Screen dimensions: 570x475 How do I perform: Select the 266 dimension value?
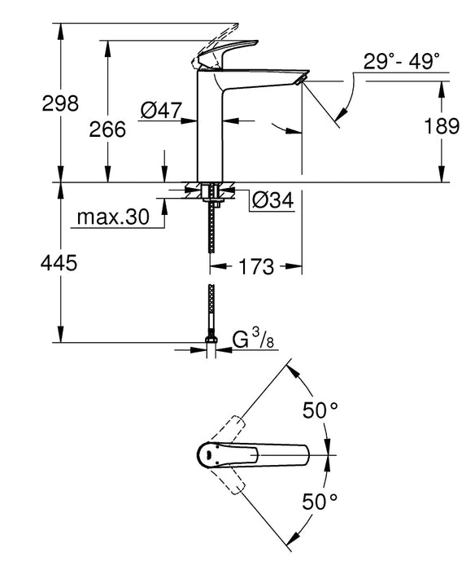coord(108,129)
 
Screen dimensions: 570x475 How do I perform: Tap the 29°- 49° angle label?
coord(402,60)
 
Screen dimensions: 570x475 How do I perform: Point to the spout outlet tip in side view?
coord(302,79)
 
